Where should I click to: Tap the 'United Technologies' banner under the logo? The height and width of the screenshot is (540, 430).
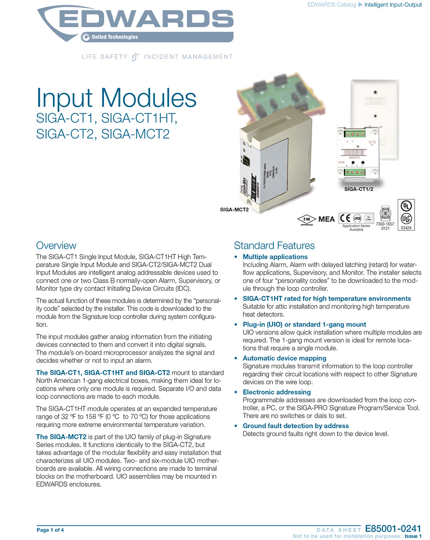click(114, 37)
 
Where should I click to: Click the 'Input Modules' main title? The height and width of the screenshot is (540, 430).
click(116, 98)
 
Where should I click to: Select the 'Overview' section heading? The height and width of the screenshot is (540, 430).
click(56, 246)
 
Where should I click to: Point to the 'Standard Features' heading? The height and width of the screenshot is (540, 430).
click(274, 246)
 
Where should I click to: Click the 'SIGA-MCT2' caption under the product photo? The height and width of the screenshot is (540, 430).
click(234, 210)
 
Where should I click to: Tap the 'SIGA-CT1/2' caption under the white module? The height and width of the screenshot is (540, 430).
click(359, 189)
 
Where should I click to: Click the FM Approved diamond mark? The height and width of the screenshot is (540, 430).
click(307, 219)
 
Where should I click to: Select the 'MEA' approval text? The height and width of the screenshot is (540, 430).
click(326, 219)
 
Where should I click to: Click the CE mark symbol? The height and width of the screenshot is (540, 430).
click(345, 218)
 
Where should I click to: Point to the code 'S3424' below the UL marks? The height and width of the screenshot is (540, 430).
click(406, 228)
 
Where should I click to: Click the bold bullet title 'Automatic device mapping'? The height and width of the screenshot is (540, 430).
click(284, 358)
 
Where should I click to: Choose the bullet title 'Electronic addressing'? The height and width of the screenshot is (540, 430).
click(276, 392)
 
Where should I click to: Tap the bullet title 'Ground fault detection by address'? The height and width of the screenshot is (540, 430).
click(295, 426)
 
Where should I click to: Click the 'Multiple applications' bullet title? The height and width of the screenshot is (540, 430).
click(275, 257)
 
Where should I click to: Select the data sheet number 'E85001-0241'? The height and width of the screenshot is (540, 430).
click(393, 529)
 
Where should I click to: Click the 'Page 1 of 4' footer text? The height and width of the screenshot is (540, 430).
click(50, 530)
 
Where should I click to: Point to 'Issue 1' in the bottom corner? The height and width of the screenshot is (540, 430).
click(413, 536)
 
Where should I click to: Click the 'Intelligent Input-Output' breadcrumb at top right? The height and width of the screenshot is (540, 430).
click(393, 5)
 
